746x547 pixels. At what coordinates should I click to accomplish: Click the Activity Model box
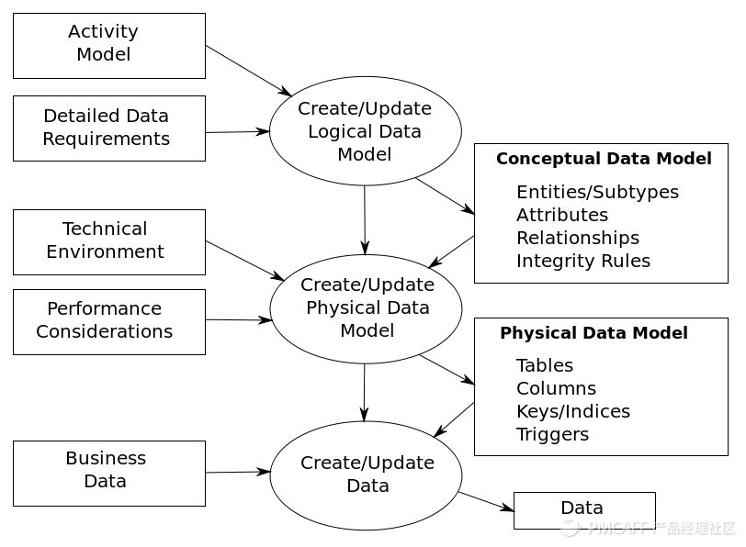(108, 45)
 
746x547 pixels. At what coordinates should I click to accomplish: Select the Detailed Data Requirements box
(108, 128)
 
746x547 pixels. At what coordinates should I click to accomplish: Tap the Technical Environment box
(108, 241)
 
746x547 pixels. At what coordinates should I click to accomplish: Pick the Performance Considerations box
(108, 321)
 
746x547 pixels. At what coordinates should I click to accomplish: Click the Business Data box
(108, 472)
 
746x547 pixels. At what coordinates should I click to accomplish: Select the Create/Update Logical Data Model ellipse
(365, 131)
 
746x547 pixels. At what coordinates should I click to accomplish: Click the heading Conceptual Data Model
(604, 159)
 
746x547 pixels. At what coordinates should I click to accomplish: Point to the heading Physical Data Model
(593, 333)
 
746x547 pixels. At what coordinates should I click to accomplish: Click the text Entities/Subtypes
(597, 192)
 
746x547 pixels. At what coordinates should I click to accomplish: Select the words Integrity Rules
(582, 261)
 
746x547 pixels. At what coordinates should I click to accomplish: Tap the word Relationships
(577, 238)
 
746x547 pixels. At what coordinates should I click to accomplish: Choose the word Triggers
(552, 434)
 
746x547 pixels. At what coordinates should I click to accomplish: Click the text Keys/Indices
(572, 411)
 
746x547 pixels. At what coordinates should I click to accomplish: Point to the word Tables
(544, 365)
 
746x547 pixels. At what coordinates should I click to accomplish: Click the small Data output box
(583, 509)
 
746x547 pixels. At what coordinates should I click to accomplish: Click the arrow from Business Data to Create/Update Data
(237, 472)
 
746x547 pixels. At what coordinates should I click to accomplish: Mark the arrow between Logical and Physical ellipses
(365, 220)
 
